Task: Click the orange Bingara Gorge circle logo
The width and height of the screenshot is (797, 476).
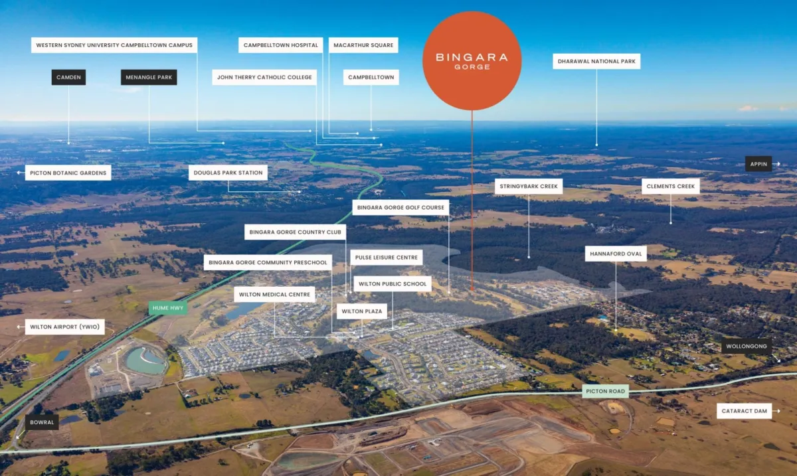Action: [472, 61]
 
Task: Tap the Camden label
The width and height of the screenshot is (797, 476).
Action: [68, 77]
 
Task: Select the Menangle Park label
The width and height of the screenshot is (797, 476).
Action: [149, 77]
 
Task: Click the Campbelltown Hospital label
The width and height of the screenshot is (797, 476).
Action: [281, 45]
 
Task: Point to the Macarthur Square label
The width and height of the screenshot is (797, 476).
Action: [363, 45]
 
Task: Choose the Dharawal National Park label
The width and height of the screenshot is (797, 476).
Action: [596, 61]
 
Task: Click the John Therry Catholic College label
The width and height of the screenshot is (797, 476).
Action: [264, 77]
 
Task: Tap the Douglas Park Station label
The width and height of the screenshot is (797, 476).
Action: [228, 173]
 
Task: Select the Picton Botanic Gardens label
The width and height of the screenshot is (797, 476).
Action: [68, 173]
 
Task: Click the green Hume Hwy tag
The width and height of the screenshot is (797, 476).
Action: [168, 308]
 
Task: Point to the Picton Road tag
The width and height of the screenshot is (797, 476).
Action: [605, 391]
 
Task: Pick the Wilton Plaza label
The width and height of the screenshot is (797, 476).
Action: [362, 311]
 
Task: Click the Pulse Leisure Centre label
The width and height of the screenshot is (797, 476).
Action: [387, 257]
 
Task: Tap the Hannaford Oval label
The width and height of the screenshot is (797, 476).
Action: [616, 254]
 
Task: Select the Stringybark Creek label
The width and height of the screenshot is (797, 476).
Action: [529, 186]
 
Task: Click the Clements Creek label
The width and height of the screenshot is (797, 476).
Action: [671, 186]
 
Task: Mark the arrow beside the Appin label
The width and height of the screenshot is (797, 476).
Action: [776, 164]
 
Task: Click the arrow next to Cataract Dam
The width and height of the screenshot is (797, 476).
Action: [776, 411]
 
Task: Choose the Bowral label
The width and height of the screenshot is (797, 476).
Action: [42, 422]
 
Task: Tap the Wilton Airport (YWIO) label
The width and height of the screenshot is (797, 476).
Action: [65, 327]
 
